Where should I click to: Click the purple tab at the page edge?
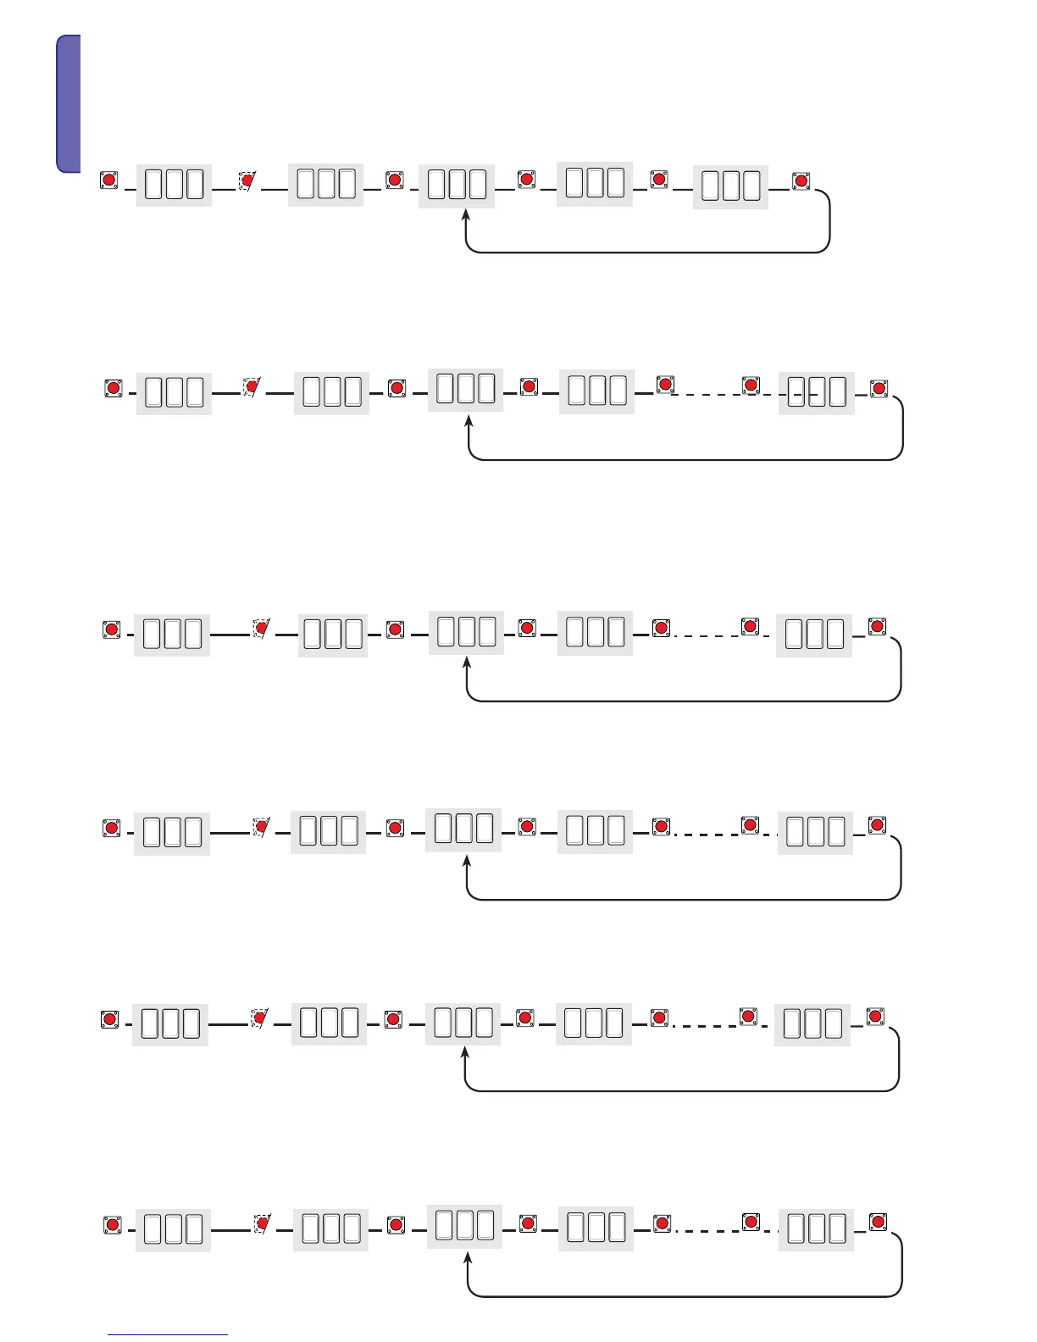(69, 103)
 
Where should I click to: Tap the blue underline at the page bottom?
(167, 1334)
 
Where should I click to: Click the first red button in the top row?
(109, 180)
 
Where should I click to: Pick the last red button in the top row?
(801, 180)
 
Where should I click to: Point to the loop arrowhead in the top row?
(465, 217)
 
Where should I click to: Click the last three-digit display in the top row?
(730, 186)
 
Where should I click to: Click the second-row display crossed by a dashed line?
(817, 393)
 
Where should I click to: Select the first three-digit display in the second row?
(174, 393)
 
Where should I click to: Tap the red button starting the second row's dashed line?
(665, 385)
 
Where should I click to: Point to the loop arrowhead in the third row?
(467, 663)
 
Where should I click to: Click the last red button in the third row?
(877, 627)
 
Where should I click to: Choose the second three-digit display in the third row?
(333, 635)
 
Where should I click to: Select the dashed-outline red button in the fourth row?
(262, 826)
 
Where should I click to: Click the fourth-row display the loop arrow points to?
(463, 829)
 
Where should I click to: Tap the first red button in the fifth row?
(109, 1019)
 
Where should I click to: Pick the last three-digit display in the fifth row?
(812, 1023)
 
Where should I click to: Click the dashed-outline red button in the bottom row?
(263, 1223)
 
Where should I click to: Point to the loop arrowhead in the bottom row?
(468, 1259)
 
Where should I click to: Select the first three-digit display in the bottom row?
(173, 1229)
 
